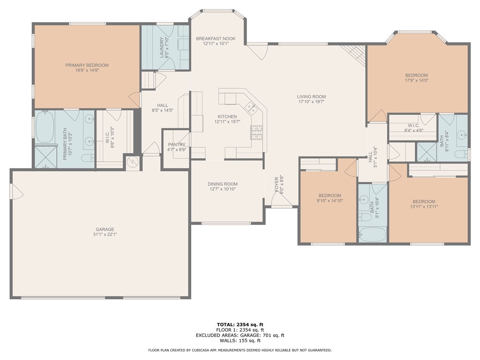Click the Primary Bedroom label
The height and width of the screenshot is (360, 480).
pyautogui.click(x=87, y=65)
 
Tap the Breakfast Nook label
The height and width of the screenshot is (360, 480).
pyautogui.click(x=216, y=38)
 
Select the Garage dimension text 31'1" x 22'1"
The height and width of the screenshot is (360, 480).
pyautogui.click(x=105, y=234)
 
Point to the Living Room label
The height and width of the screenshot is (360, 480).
pyautogui.click(x=311, y=97)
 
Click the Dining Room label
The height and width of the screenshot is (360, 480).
pyautogui.click(x=223, y=184)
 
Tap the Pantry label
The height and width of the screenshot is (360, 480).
pyautogui.click(x=177, y=144)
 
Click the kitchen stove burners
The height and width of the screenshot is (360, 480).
pyautogui.click(x=257, y=132)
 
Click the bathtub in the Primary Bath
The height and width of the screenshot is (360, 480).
pyautogui.click(x=45, y=127)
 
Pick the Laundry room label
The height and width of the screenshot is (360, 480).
pyautogui.click(x=163, y=48)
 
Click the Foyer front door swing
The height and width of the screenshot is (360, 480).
pyautogui.click(x=281, y=199)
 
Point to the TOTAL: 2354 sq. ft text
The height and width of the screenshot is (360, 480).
pyautogui.click(x=240, y=324)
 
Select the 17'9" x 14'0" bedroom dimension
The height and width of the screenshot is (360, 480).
pyautogui.click(x=416, y=81)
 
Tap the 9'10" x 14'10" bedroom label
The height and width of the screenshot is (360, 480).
pyautogui.click(x=330, y=195)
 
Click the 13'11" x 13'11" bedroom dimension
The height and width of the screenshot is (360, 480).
pyautogui.click(x=424, y=207)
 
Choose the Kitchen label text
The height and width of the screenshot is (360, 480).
pyautogui.click(x=227, y=117)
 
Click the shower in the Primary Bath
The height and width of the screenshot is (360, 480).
pyautogui.click(x=46, y=157)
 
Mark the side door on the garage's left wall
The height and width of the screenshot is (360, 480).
pyautogui.click(x=16, y=191)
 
